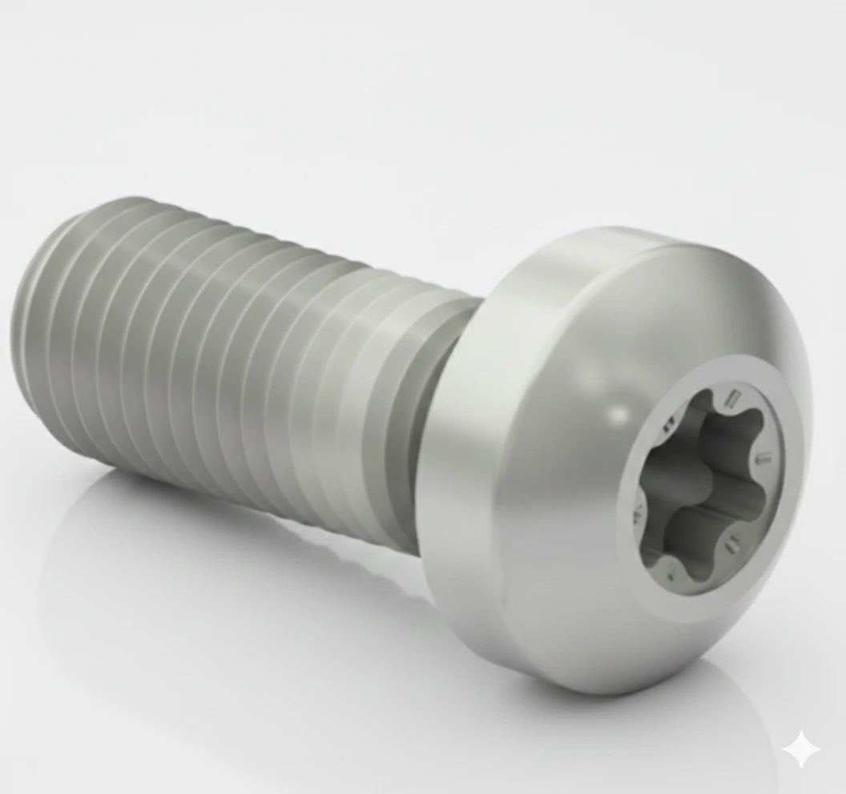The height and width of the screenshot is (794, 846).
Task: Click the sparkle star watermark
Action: pos(801,751)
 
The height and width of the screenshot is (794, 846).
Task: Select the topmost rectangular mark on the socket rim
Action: pos(730,397)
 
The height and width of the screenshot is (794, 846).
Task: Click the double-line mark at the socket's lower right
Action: pos(731,547)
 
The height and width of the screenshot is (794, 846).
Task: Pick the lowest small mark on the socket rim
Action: pos(671,569)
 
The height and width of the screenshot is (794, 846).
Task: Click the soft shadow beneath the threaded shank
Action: pos(240,544)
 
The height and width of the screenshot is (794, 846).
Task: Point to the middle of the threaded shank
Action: pos(240,360)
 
